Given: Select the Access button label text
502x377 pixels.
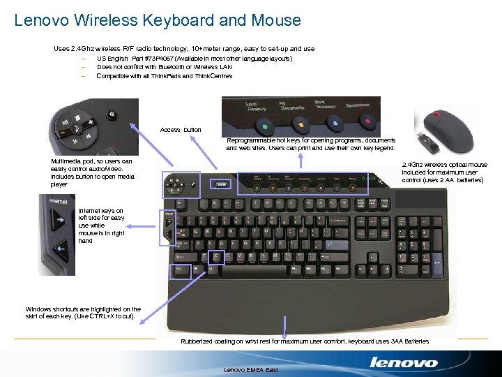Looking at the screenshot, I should [180, 130].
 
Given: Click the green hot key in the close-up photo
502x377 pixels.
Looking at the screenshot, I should [265, 127].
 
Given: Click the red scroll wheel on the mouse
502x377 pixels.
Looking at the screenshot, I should [436, 112].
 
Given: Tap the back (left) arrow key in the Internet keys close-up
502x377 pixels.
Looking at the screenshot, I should [60, 246].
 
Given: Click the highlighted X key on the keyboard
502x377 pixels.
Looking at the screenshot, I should [217, 256].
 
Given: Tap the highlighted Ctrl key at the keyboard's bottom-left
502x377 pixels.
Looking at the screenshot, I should [181, 269].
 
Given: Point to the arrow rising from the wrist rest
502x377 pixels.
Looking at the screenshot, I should [286, 326].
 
